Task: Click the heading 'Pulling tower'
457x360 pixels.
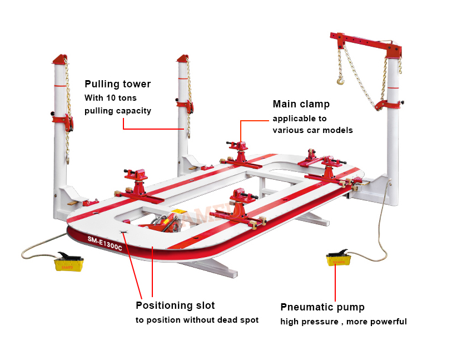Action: (117, 84)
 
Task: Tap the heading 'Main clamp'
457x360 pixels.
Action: (301, 104)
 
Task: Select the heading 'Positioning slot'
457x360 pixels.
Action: (175, 305)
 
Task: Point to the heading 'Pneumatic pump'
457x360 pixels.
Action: (322, 307)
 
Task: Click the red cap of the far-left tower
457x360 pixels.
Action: (60, 59)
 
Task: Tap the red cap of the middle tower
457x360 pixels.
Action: (183, 59)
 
